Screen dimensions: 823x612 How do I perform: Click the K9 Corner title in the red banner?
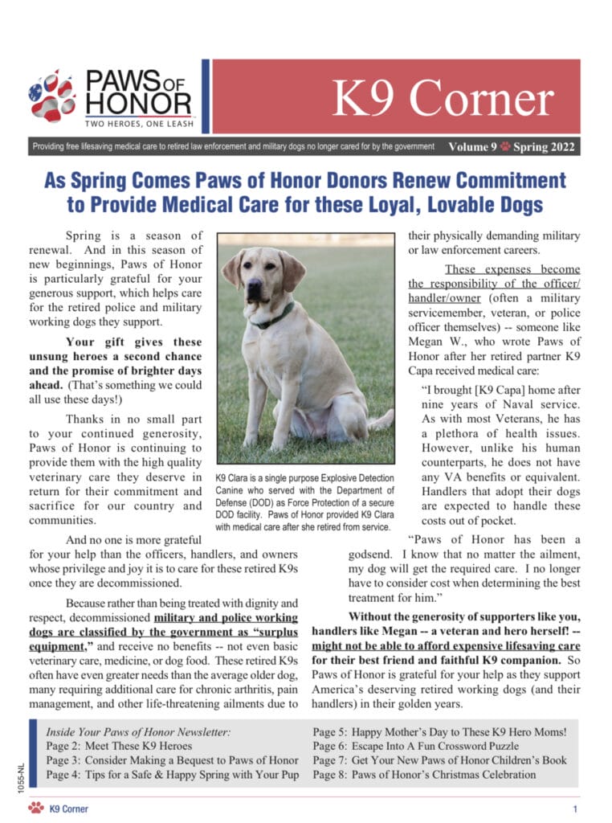point(443,100)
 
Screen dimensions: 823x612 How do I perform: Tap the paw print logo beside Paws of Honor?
point(51,96)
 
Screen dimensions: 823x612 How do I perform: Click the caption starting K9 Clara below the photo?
point(303,503)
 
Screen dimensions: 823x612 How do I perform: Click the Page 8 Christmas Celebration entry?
point(424,775)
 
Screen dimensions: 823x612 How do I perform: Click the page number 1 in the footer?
point(575,808)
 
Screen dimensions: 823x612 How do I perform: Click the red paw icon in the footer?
point(35,808)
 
